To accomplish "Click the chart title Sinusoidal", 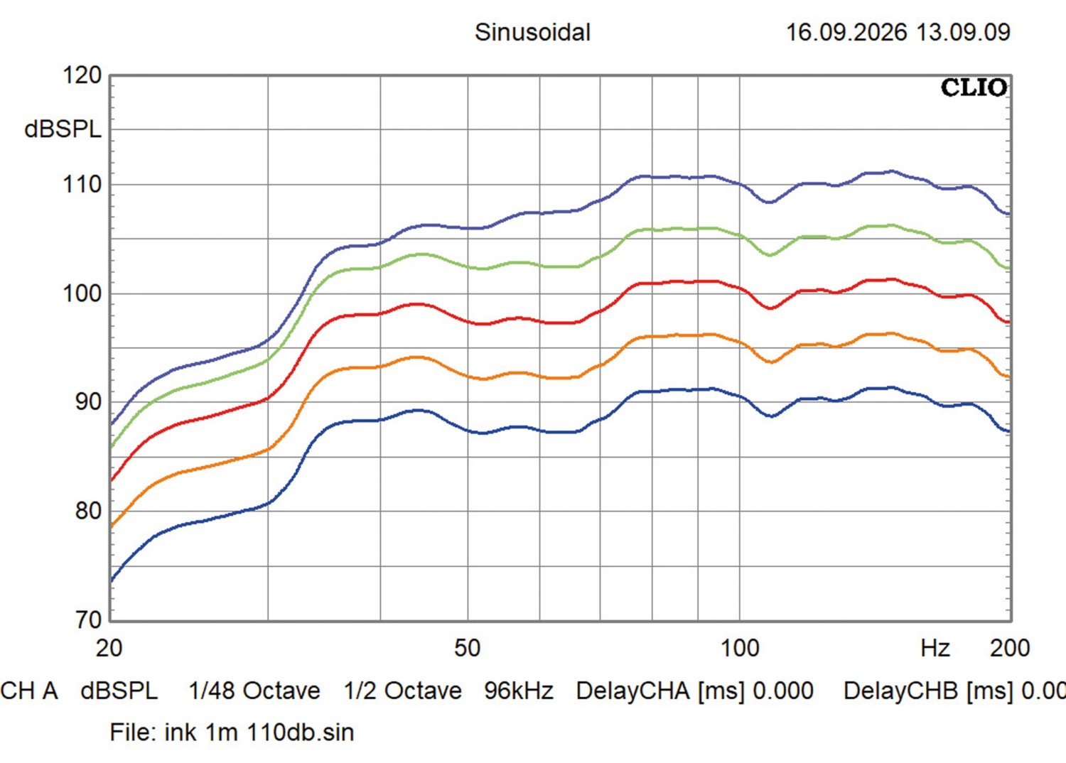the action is coord(532,33).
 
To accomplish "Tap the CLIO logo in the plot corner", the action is coord(974,88).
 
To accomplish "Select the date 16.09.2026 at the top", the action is coord(846,33).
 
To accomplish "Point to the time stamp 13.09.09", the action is coord(963,33).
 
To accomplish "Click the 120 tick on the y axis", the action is coord(82,75).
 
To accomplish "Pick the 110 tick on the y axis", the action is coord(82,185).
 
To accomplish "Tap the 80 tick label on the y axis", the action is coord(89,511).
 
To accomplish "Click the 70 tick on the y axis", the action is coord(89,619).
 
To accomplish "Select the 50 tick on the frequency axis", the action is coord(468,648).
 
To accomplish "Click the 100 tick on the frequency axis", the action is coord(740,648).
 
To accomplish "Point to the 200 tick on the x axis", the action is coord(1010,648).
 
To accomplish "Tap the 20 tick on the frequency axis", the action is coord(109,648).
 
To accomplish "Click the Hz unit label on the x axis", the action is coord(935,648).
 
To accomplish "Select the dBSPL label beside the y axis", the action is coord(63,129).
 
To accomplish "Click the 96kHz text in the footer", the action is coord(519,691).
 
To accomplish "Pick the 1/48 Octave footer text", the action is coord(254,691).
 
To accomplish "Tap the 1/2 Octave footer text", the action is coord(402,691).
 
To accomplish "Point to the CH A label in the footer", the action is coord(29,691).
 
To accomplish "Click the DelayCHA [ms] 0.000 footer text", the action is coord(694,691).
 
